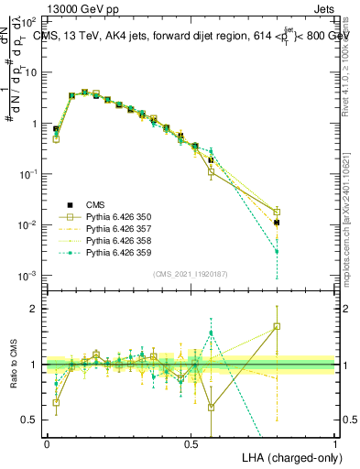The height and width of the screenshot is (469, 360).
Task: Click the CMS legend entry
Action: pyautogui.click(x=96, y=204)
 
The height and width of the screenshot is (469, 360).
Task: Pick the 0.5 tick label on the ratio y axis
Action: pyautogui.click(x=30, y=420)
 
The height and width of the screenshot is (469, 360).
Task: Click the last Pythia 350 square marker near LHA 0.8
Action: pyautogui.click(x=278, y=213)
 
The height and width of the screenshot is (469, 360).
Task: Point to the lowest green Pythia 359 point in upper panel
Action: pyautogui.click(x=278, y=251)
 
